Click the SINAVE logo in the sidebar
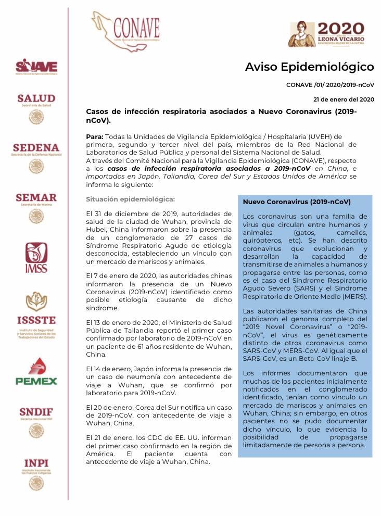click(36, 67)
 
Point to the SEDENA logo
click(36, 157)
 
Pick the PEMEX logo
click(36, 371)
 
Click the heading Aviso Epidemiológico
click(309, 67)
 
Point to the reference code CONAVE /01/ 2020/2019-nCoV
click(330, 84)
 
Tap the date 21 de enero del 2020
click(344, 99)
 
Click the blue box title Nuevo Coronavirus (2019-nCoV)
click(297, 202)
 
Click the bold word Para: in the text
click(95, 136)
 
